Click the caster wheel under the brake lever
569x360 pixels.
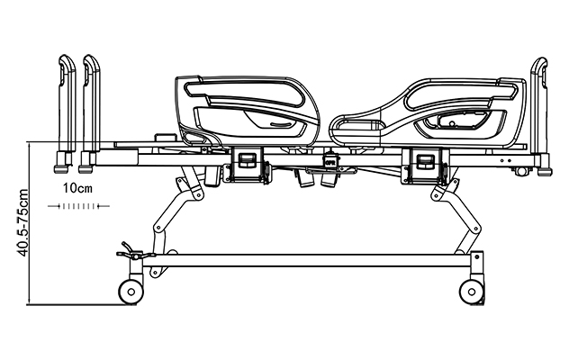click(x=130, y=291)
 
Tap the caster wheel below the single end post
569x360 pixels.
click(x=471, y=291)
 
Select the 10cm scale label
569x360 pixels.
click(x=79, y=189)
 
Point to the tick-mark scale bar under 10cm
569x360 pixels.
click(x=84, y=206)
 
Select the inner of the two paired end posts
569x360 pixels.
click(x=91, y=108)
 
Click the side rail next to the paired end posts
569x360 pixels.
click(x=248, y=111)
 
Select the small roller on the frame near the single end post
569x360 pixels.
click(x=519, y=171)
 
